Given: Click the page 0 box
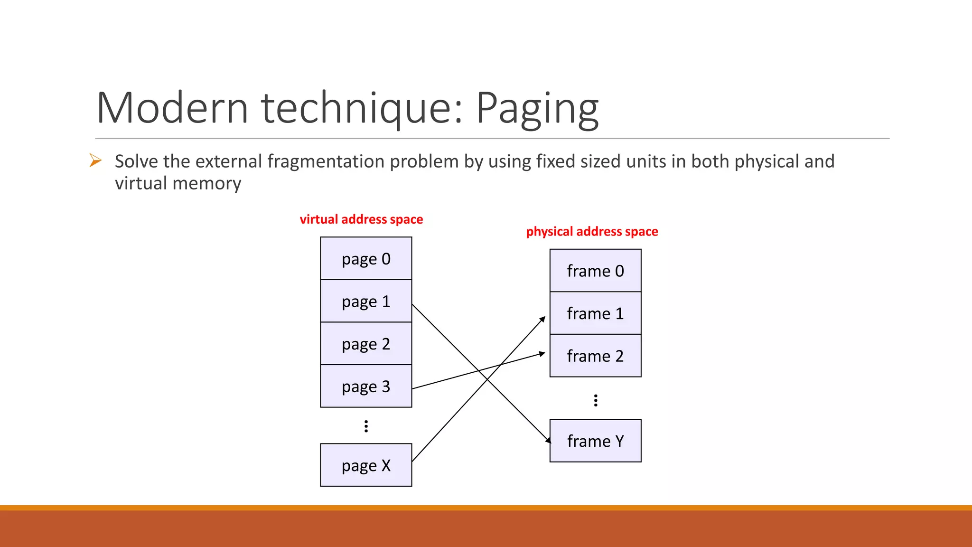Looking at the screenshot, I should [366, 258].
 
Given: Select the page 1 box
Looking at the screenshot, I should [366, 301].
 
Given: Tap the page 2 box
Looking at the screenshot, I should [366, 344].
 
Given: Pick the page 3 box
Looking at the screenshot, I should [366, 386].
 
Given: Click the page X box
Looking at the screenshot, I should [366, 465].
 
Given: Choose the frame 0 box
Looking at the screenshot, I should [595, 271].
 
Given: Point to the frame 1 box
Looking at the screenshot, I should [595, 313].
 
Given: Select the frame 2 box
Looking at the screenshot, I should [595, 356].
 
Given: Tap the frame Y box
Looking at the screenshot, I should [595, 441].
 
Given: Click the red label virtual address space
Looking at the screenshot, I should [361, 219].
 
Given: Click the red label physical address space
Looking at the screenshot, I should [592, 231].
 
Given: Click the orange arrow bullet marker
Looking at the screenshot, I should [95, 160].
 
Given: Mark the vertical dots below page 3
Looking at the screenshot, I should [366, 426].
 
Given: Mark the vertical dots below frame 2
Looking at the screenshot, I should [596, 400].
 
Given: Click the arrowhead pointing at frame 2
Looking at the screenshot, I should [542, 353].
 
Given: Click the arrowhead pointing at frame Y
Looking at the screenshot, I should [548, 440].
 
